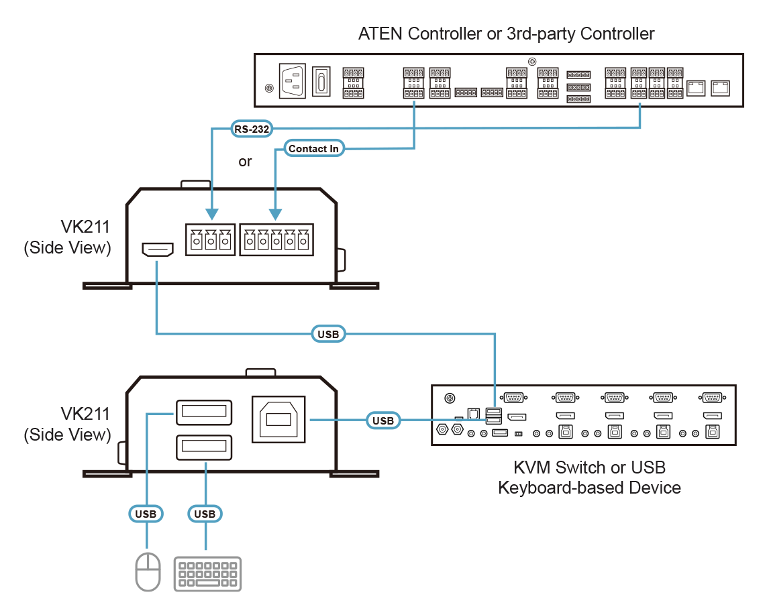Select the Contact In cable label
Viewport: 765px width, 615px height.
pyautogui.click(x=313, y=149)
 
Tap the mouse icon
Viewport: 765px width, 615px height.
pyautogui.click(x=148, y=571)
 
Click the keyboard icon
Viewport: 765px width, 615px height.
pyautogui.click(x=208, y=573)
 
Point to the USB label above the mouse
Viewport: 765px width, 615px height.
pyautogui.click(x=146, y=514)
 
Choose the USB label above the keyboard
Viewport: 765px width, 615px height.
pyautogui.click(x=205, y=514)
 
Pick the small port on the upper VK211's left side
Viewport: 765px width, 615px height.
pyautogui.click(x=158, y=250)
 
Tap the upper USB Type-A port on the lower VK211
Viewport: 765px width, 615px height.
pyautogui.click(x=204, y=412)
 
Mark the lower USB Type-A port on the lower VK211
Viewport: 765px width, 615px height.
pyautogui.click(x=204, y=447)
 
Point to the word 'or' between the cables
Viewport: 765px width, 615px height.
pyautogui.click(x=245, y=162)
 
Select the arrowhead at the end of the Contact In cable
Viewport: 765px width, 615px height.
pyautogui.click(x=274, y=215)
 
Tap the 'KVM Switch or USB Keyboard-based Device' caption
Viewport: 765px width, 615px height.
pyautogui.click(x=589, y=478)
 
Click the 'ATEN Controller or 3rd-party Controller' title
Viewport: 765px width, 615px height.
pyautogui.click(x=506, y=34)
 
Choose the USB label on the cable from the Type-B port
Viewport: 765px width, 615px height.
pyautogui.click(x=383, y=421)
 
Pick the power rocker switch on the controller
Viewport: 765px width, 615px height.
pyautogui.click(x=323, y=82)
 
